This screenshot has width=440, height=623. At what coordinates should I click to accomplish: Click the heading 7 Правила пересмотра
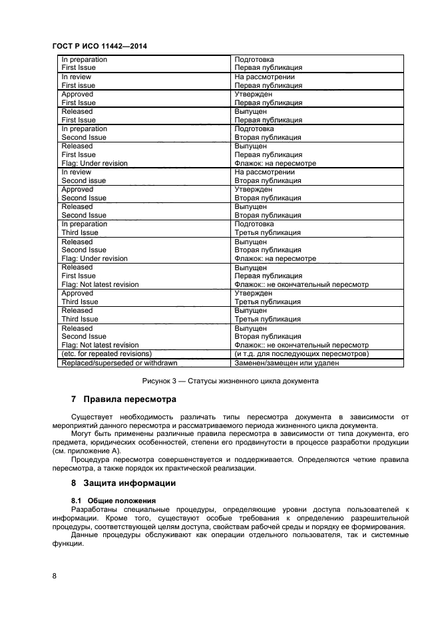coord(123,400)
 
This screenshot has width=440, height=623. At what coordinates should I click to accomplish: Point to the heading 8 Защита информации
coord(123,483)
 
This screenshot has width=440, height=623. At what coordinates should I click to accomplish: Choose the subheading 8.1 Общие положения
coord(113,500)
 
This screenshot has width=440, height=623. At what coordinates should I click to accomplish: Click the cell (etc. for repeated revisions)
coord(107,354)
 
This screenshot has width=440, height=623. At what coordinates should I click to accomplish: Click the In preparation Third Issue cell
coord(85,228)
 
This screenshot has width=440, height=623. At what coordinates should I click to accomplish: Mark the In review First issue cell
coord(78,81)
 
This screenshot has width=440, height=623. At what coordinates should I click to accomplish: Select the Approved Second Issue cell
coord(84,194)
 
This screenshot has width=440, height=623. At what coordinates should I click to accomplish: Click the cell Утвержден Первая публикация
coord(268,99)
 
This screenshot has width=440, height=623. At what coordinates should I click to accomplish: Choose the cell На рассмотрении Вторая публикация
coord(268,176)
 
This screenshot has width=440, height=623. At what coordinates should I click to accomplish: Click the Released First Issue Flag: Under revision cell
coord(95,154)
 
